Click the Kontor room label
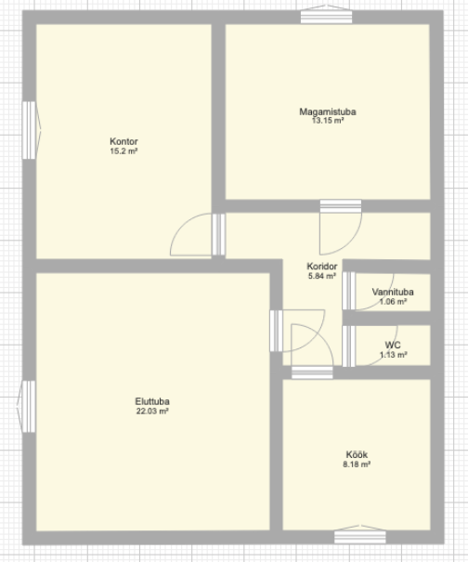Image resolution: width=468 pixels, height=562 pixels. [x=123, y=141]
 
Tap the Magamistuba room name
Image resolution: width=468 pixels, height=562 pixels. [x=328, y=111]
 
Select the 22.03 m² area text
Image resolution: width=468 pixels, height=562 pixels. [x=152, y=412]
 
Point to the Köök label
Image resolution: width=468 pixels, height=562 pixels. [x=357, y=454]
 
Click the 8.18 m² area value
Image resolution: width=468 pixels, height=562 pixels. [x=357, y=464]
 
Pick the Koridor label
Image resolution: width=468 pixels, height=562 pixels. [x=322, y=267]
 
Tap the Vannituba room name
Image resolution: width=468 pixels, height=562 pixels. [x=393, y=292]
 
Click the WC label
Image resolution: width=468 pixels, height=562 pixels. [x=393, y=346]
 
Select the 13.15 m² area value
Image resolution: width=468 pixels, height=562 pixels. [x=328, y=121]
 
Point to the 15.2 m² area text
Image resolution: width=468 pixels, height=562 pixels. [x=123, y=150]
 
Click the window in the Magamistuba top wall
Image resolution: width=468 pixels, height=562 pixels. [x=326, y=15]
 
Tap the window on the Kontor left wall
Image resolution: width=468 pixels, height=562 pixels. [x=31, y=130]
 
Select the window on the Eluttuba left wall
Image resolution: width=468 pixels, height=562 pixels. [x=27, y=407]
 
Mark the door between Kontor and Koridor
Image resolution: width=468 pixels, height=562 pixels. [x=198, y=234]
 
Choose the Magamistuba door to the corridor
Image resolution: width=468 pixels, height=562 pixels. [x=341, y=228]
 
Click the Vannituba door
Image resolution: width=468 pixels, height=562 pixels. [x=368, y=291]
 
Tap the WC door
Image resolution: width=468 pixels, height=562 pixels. [x=370, y=346]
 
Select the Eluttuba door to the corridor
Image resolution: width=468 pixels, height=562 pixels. [x=297, y=331]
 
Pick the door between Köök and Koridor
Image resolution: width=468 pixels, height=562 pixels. [x=312, y=351]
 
